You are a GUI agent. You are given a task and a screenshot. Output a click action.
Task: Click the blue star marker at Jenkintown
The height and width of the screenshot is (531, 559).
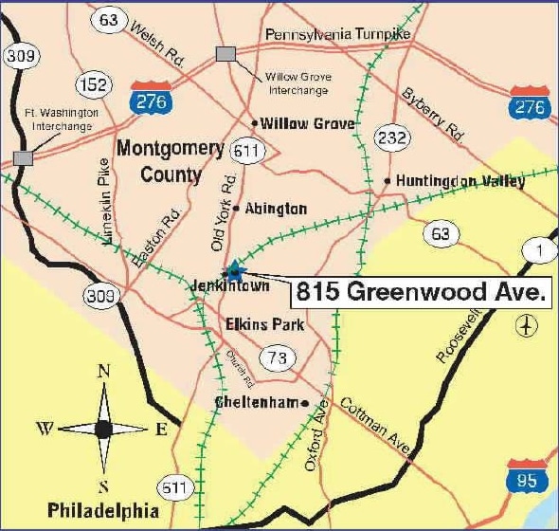pos(234,271)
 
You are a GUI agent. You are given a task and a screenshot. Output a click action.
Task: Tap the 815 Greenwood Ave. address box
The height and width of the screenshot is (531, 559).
pos(421,292)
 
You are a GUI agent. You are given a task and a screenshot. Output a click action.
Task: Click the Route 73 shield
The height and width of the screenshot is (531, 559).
pos(278,357)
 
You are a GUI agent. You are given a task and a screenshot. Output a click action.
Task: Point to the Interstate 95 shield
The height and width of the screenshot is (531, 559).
pos(527,477)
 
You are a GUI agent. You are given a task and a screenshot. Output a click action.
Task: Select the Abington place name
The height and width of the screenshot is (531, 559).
pos(276,209)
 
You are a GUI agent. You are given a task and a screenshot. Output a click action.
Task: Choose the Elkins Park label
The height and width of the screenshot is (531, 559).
pos(264,325)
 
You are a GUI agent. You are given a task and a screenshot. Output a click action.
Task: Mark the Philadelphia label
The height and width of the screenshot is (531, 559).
pos(103,509)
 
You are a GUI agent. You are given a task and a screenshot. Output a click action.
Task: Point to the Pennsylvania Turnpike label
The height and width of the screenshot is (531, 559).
pos(338,35)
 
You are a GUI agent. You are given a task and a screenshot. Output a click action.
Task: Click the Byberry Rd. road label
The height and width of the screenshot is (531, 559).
pos(433,114)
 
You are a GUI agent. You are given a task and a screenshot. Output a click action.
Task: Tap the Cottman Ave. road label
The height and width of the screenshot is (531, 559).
pos(376,427)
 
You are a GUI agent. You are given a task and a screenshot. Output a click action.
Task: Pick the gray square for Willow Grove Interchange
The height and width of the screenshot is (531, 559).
pos(226,54)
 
